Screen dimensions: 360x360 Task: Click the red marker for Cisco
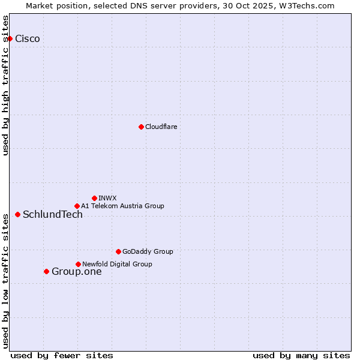pos(10,38)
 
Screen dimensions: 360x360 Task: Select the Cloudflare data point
pos(141,127)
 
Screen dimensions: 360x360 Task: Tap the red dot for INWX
pos(94,198)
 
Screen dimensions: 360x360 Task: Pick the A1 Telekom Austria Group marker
pos(77,206)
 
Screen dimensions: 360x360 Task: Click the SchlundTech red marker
pos(17,214)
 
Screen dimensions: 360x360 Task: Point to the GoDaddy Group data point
pos(118,251)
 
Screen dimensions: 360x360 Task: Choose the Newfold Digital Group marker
pos(78,264)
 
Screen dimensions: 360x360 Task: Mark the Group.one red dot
pos(46,271)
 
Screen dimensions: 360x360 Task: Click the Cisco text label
pos(28,39)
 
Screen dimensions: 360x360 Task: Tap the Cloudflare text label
pos(161,127)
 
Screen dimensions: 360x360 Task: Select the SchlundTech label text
pos(53,215)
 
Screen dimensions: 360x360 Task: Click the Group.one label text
pos(76,272)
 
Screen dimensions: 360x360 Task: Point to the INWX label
pos(107,198)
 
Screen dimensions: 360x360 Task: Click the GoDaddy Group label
pos(148,251)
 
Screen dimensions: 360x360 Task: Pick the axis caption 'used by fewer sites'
pos(62,355)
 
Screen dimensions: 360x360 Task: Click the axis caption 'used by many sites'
pos(301,355)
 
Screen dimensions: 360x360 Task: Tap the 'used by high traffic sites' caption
pos(5,85)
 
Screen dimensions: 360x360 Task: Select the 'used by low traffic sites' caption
pos(5,281)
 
